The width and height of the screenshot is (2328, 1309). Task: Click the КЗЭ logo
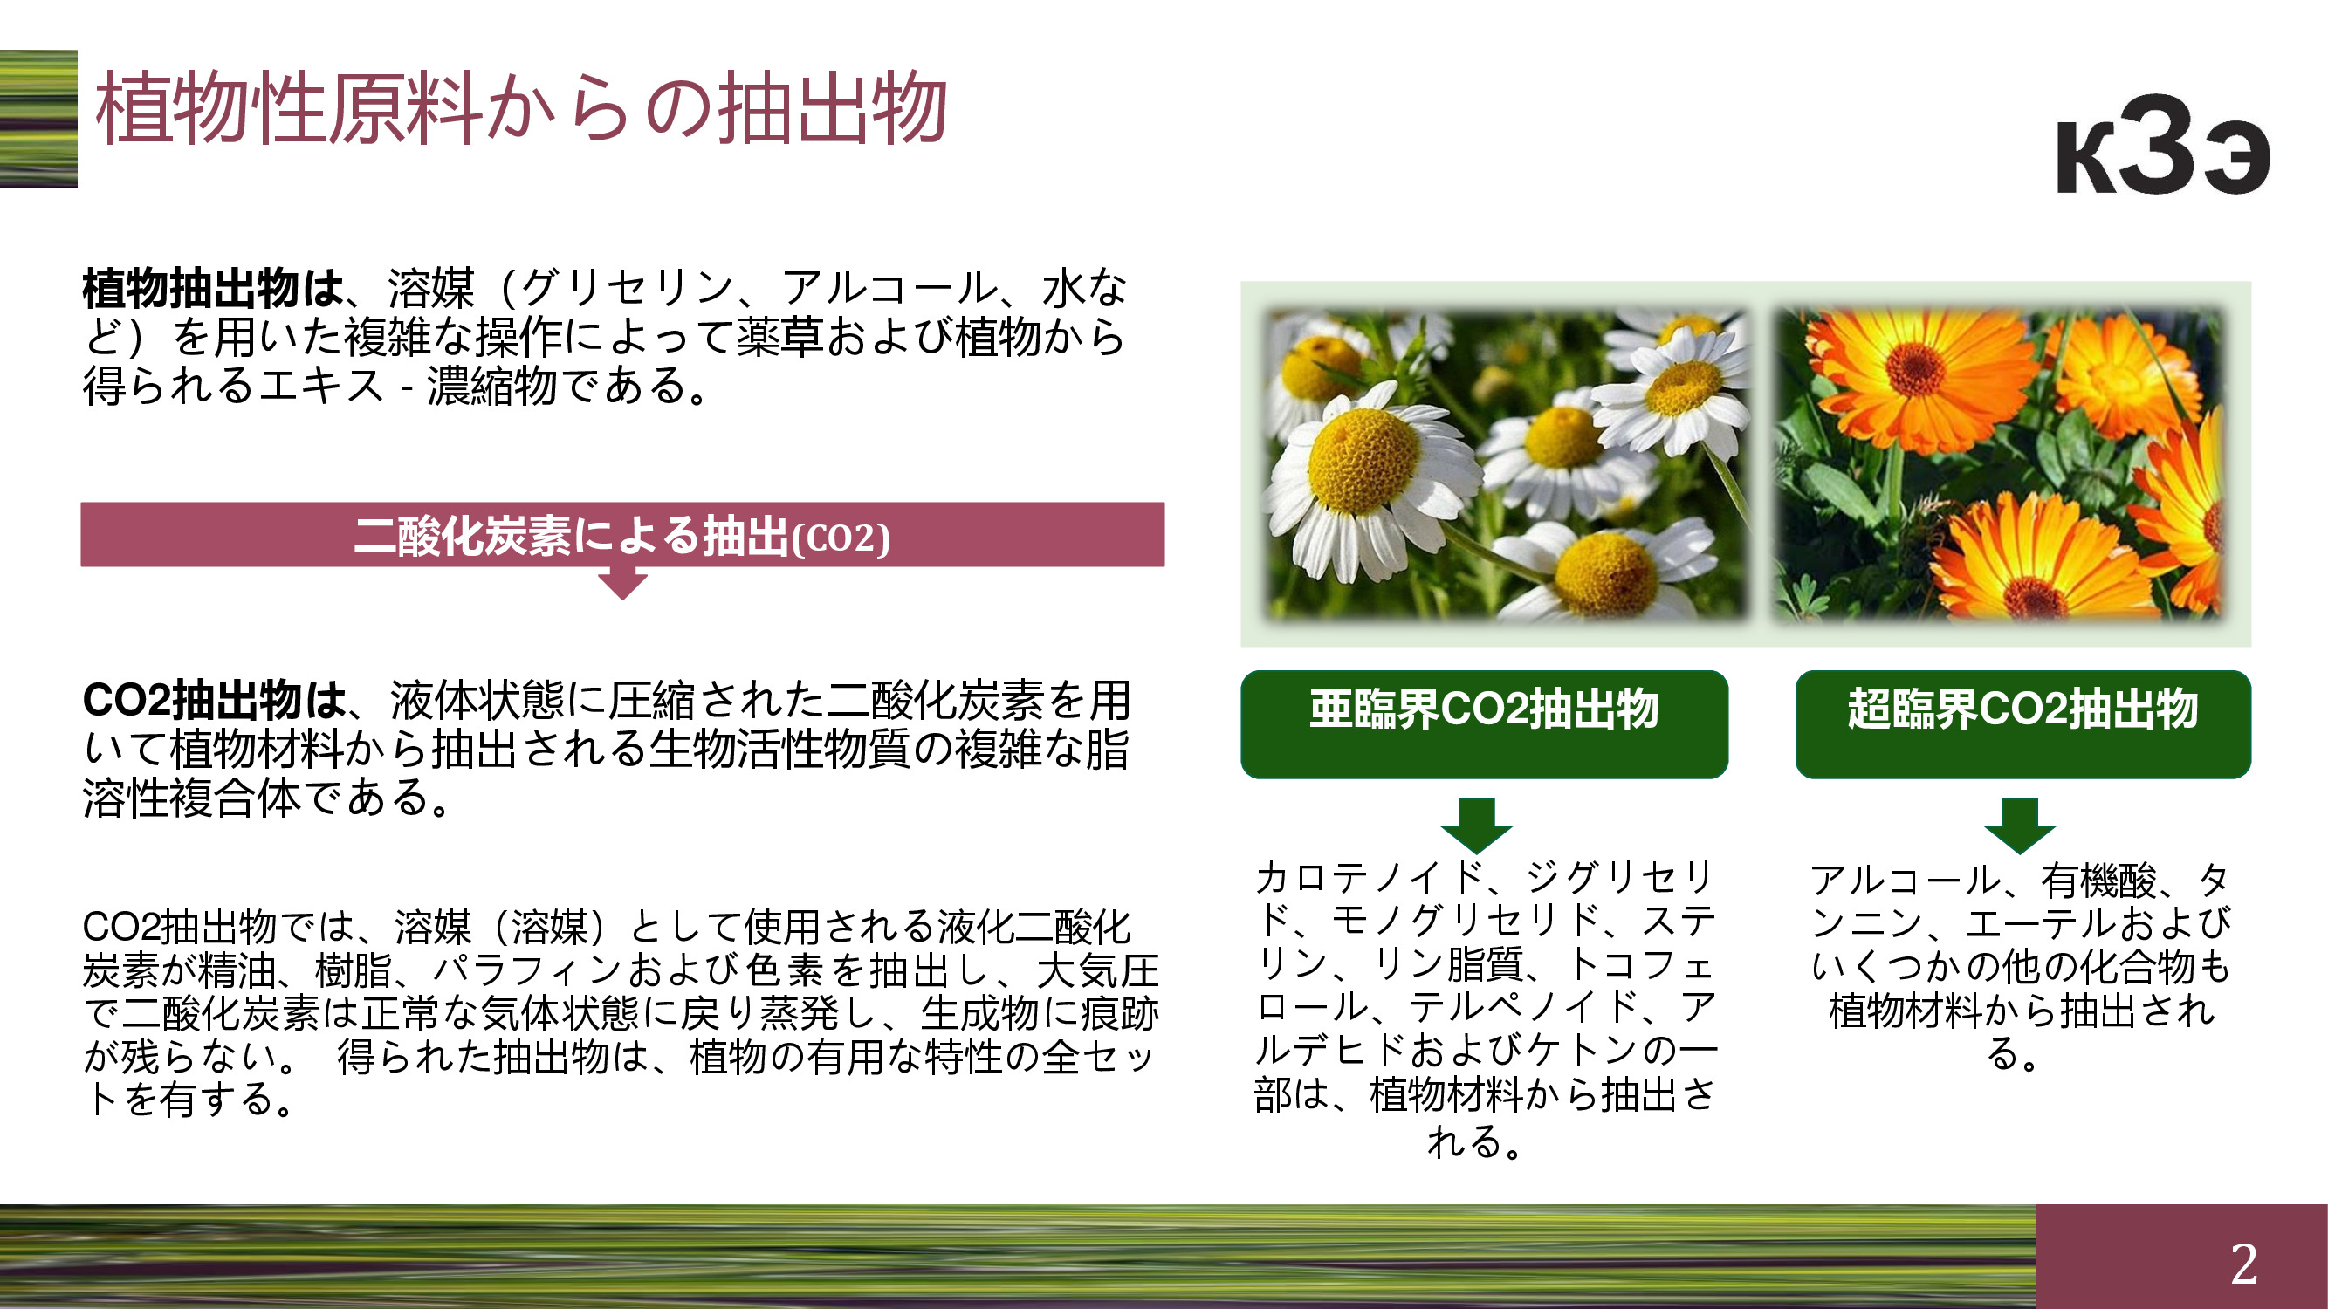pos(2163,146)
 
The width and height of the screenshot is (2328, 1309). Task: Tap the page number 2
pos(2244,1263)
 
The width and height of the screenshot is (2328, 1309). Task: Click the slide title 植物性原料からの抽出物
pos(521,108)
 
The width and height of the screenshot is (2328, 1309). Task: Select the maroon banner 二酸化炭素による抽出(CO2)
pos(621,535)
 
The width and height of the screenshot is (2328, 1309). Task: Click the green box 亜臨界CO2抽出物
pos(1484,723)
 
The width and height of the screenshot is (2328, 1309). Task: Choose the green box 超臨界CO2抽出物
pos(2022,723)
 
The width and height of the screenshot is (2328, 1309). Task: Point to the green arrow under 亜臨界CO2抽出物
pos(1477,826)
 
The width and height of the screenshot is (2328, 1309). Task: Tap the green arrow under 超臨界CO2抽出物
pos(2020,826)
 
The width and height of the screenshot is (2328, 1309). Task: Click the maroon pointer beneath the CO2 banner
pos(622,584)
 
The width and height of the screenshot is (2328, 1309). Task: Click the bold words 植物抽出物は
pos(213,289)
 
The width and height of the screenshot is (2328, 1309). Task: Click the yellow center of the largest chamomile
pos(1363,461)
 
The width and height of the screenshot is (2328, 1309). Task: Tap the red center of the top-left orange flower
pos(1914,369)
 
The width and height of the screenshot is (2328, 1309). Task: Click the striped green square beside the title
pos(38,119)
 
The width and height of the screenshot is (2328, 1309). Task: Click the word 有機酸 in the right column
pos(2098,881)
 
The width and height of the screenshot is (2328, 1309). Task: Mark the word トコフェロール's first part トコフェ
pos(1639,964)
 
